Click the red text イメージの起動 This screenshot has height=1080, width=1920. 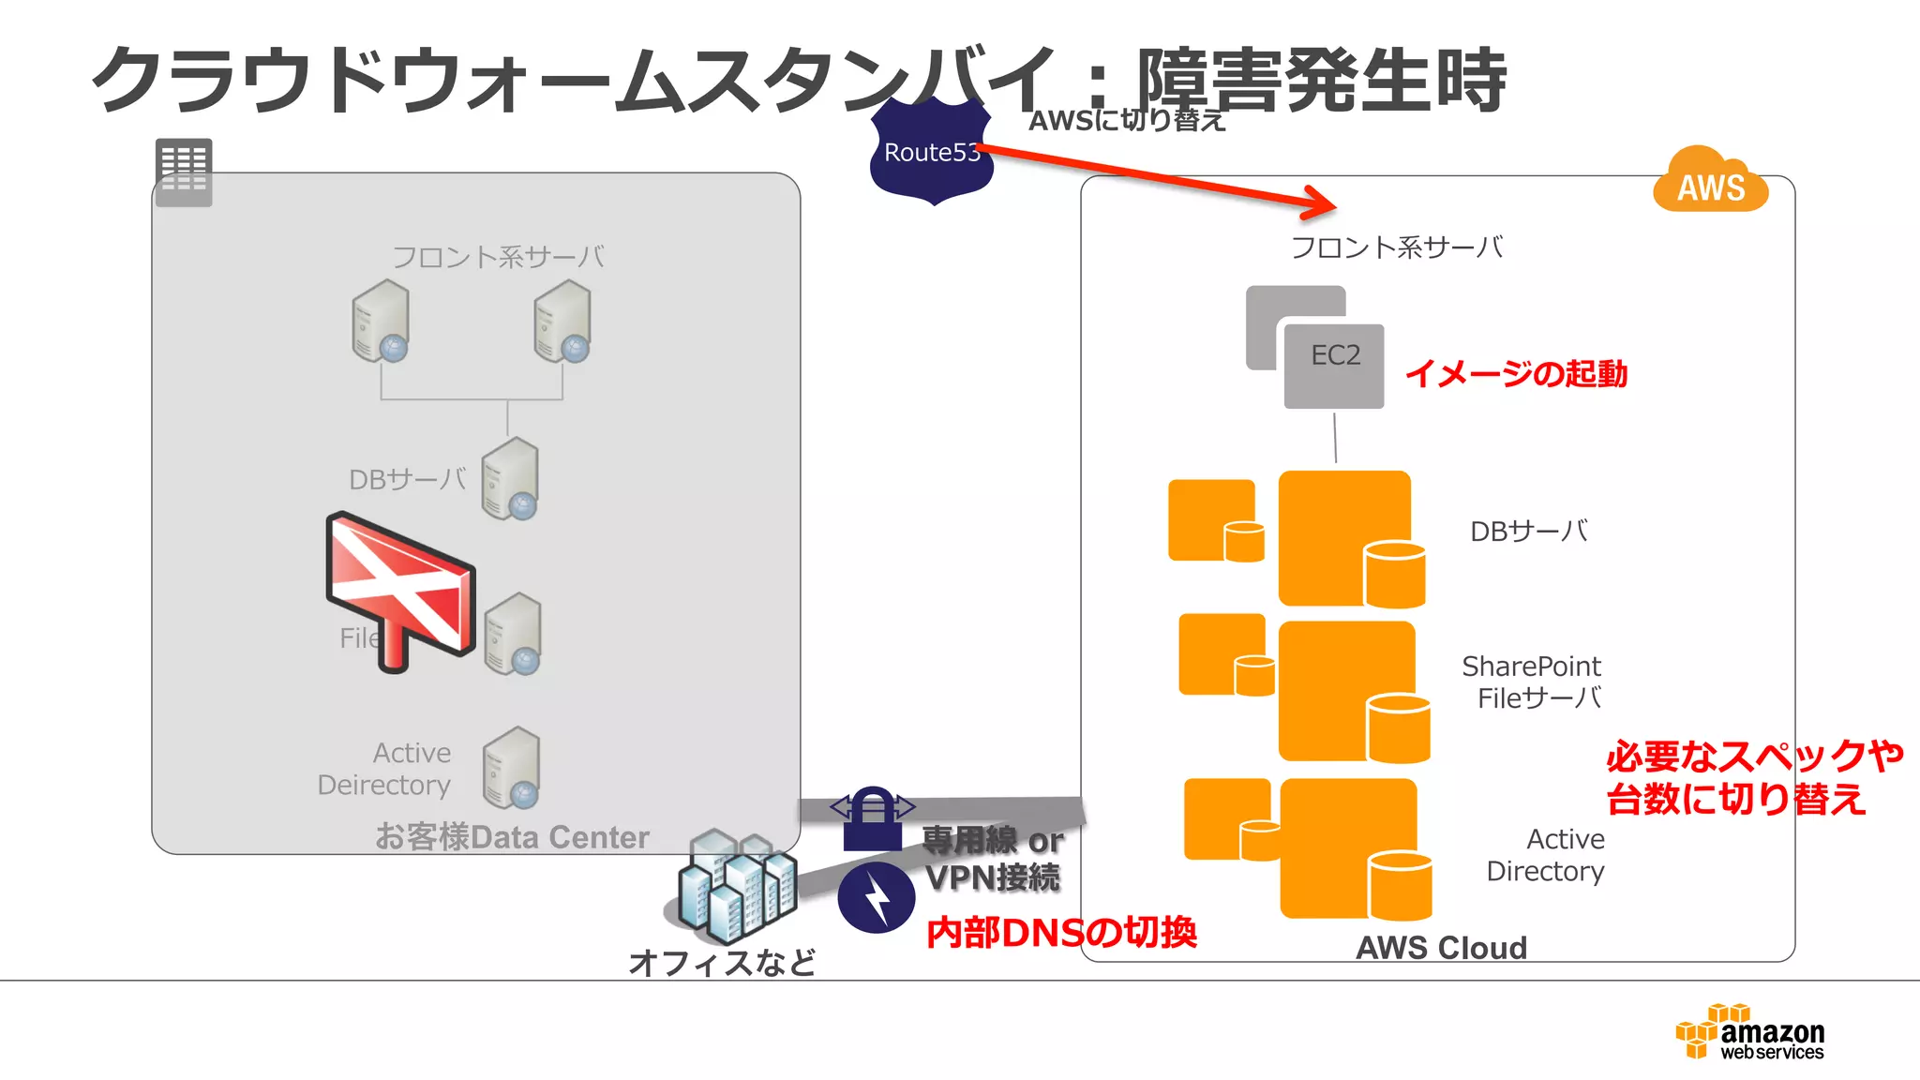coord(1516,374)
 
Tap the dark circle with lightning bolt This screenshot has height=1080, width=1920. coord(877,897)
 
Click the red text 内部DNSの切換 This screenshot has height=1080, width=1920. coord(1061,933)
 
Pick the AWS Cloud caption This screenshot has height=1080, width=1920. coord(1441,948)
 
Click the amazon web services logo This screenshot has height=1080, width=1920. coord(1751,1032)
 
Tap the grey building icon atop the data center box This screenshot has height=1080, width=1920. coord(184,172)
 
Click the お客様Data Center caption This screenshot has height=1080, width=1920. coord(512,836)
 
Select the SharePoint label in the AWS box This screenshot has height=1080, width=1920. coord(1531,667)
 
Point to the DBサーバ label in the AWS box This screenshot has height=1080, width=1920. coord(1528,532)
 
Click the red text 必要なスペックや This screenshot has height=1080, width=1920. coord(1753,756)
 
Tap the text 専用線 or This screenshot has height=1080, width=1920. coord(992,840)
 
